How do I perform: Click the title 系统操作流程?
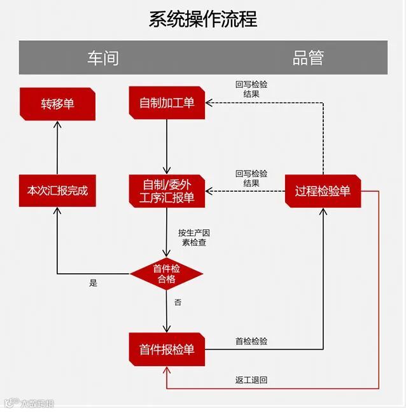[202, 19]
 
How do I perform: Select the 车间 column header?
[102, 58]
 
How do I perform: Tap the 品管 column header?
[308, 58]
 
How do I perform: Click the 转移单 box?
[57, 103]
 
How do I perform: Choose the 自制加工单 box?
[167, 103]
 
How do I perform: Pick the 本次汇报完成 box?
[57, 190]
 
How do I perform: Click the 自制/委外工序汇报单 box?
[167, 191]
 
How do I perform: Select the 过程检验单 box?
[323, 190]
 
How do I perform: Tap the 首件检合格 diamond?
[167, 274]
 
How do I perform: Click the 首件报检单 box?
[167, 349]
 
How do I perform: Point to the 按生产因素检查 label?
[193, 238]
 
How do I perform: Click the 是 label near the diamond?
[94, 283]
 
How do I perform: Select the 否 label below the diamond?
[178, 302]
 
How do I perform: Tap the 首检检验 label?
[251, 341]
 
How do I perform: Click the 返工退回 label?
[251, 380]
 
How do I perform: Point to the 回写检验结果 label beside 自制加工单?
[251, 89]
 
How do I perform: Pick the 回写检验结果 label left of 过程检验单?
[251, 178]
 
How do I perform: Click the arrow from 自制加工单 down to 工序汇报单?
[167, 146]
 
